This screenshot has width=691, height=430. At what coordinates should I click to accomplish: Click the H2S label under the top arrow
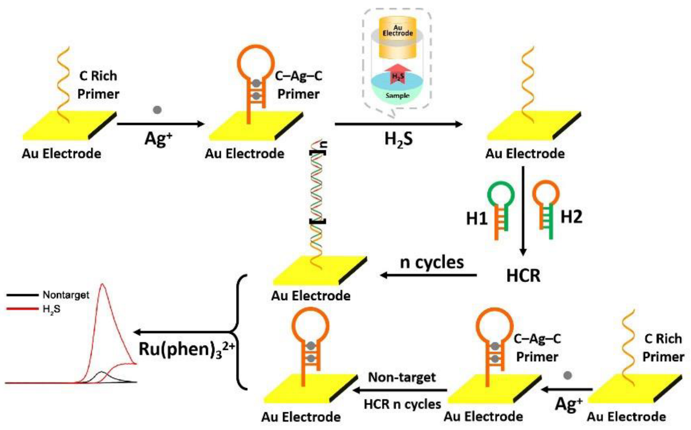398,140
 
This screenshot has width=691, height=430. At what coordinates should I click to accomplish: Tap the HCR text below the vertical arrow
523,276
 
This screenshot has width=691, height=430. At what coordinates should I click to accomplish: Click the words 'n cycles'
432,262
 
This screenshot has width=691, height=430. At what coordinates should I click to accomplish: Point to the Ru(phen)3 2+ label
186,349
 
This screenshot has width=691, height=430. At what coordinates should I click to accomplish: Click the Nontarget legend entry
66,295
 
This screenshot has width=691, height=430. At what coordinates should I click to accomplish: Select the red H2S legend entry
52,309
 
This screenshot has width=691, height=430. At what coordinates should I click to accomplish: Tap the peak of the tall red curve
103,286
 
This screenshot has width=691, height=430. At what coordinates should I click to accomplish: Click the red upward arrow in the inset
398,74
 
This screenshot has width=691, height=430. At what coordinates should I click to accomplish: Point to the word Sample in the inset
398,95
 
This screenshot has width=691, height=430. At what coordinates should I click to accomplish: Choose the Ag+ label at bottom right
569,404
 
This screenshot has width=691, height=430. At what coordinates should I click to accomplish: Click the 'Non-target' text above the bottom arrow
402,377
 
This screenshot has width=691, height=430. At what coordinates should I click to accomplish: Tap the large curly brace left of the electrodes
239,332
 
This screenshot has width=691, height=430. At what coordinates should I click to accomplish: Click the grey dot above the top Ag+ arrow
157,110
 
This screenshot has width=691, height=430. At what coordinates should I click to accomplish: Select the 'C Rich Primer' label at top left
98,85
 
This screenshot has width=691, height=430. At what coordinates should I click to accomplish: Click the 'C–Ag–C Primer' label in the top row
298,85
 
